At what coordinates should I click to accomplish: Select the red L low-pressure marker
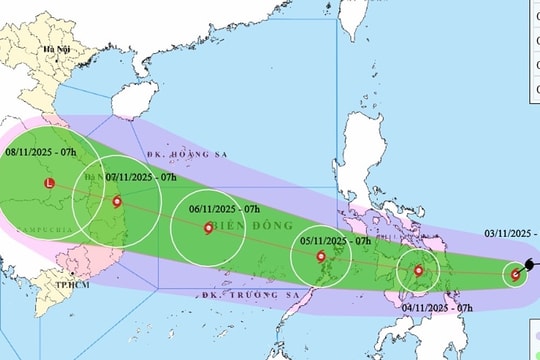coord(49,184)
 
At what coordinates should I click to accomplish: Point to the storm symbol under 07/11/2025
coord(118,203)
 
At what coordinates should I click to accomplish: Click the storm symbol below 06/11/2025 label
coord(208,228)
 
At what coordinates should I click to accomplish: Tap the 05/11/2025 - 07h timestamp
coord(335,241)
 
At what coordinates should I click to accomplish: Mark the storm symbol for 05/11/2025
coord(320,257)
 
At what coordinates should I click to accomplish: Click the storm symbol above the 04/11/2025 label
coord(418,270)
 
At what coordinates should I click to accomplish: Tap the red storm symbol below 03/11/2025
coord(516,274)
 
